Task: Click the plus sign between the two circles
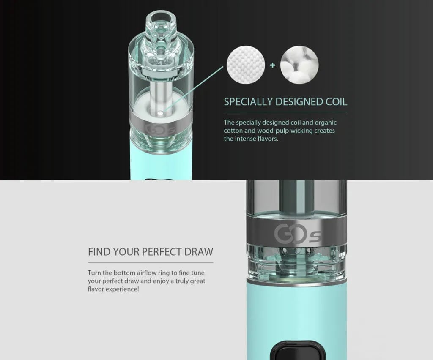pos(273,65)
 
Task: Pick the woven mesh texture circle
pos(246,65)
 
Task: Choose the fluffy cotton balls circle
pos(299,65)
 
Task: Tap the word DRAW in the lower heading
pos(199,252)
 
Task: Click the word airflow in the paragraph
pos(147,273)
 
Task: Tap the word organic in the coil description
pos(326,123)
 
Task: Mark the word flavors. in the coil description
pos(268,139)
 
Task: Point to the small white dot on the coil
pos(161,112)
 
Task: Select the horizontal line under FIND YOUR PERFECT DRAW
pos(151,262)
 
